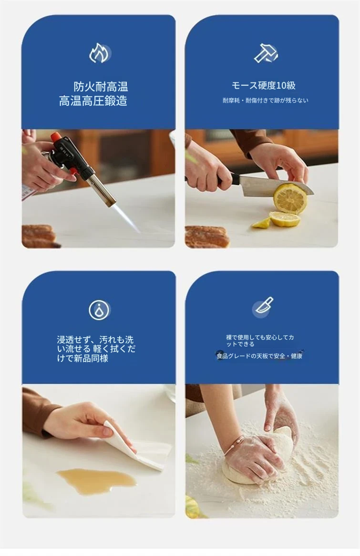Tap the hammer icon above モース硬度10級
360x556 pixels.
[x=266, y=53]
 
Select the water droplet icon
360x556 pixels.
[x=100, y=310]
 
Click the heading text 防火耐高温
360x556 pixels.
[x=101, y=86]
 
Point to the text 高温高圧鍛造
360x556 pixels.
[x=93, y=101]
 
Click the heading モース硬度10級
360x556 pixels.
[x=264, y=85]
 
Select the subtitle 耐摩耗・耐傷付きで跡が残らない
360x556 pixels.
[x=265, y=100]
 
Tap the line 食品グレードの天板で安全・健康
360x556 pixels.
[x=259, y=356]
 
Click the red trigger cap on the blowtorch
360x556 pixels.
[x=56, y=136]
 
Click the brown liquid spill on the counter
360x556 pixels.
[x=96, y=480]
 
